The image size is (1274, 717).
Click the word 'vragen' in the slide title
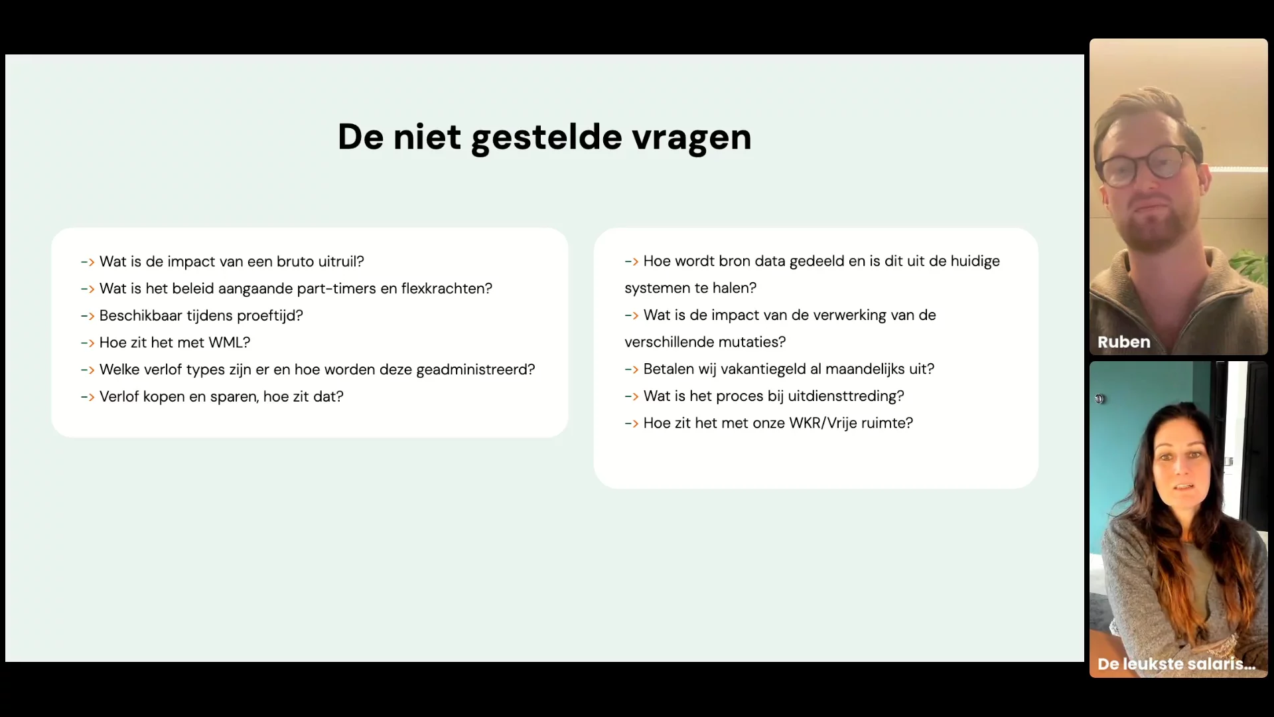coord(691,138)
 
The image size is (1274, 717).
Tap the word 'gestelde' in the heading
coord(547,138)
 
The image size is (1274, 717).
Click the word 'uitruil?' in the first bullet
coord(341,262)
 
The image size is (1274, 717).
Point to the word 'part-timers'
coord(336,289)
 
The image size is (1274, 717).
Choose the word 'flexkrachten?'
coord(447,289)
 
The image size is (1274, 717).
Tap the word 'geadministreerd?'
coord(475,370)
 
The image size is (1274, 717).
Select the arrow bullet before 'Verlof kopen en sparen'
coord(88,397)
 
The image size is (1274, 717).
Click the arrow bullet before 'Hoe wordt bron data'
coord(632,262)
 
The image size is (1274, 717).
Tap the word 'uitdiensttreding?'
coord(846,396)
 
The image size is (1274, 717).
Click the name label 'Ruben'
coord(1124,342)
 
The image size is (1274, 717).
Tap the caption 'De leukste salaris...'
coord(1176,664)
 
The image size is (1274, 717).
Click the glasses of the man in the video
coord(1146,165)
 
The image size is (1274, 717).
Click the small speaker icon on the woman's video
coord(1099,399)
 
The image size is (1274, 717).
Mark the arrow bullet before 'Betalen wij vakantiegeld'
coord(632,370)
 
